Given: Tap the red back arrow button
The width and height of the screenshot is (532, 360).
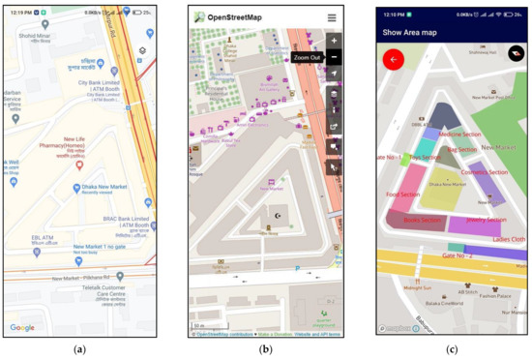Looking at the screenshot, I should point(394,60).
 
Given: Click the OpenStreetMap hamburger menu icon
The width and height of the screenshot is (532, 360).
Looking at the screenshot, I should point(332,17).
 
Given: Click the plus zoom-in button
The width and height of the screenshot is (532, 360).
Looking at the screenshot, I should point(335,42).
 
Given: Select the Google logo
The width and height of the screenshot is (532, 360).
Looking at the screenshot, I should point(22,328).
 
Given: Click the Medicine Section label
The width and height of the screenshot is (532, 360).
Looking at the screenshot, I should point(458,135).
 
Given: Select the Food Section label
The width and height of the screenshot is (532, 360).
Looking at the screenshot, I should point(404,195).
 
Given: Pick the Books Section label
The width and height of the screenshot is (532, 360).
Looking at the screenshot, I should point(423,221).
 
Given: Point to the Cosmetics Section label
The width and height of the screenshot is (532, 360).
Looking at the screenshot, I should point(485,171).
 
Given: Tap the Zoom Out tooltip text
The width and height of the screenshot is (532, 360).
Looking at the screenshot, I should point(308,58).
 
